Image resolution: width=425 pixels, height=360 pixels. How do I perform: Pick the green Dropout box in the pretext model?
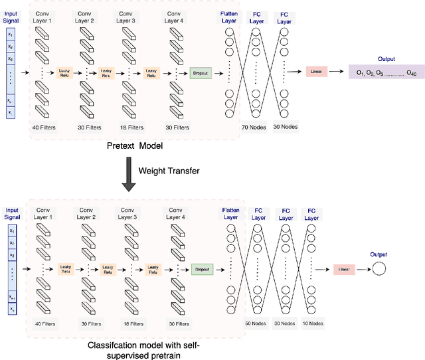(x=200, y=73)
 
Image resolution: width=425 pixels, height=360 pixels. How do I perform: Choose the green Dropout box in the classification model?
(x=201, y=269)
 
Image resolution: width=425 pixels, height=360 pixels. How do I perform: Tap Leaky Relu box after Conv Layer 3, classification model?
(x=152, y=269)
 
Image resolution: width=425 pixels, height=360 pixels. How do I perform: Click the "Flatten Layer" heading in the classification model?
(x=230, y=213)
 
